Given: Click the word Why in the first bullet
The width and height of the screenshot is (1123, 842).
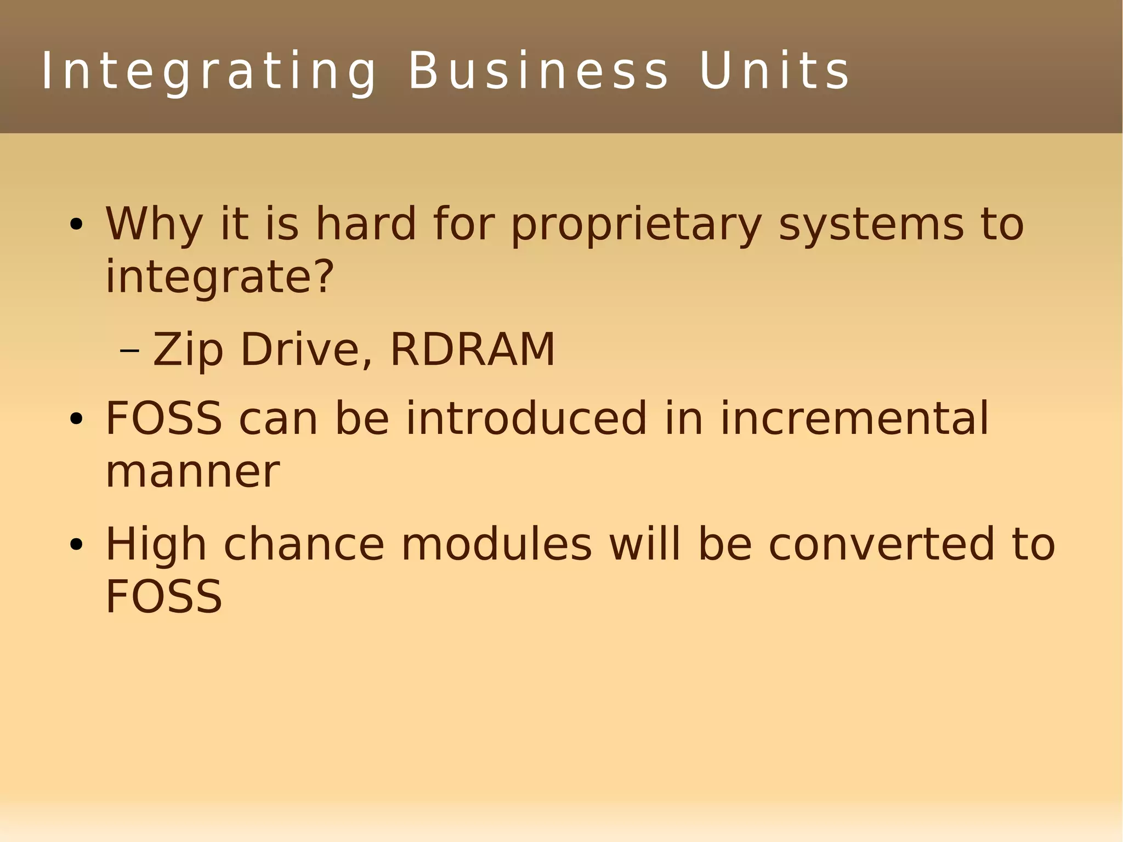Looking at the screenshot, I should tap(154, 225).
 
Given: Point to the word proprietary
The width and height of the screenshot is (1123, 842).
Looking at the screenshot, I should tap(636, 225).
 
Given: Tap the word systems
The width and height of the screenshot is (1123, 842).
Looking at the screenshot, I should tap(871, 225).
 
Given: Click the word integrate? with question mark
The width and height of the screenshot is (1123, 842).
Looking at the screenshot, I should tap(219, 278).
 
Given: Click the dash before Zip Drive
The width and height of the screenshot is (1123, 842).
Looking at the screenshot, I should tap(129, 351).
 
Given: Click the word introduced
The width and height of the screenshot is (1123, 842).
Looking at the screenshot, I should tap(526, 419).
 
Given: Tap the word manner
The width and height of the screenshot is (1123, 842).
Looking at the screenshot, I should tap(192, 472).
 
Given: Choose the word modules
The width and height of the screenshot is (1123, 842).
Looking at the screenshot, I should tap(497, 545).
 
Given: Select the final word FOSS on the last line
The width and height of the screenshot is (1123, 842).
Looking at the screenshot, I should tap(163, 597).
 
